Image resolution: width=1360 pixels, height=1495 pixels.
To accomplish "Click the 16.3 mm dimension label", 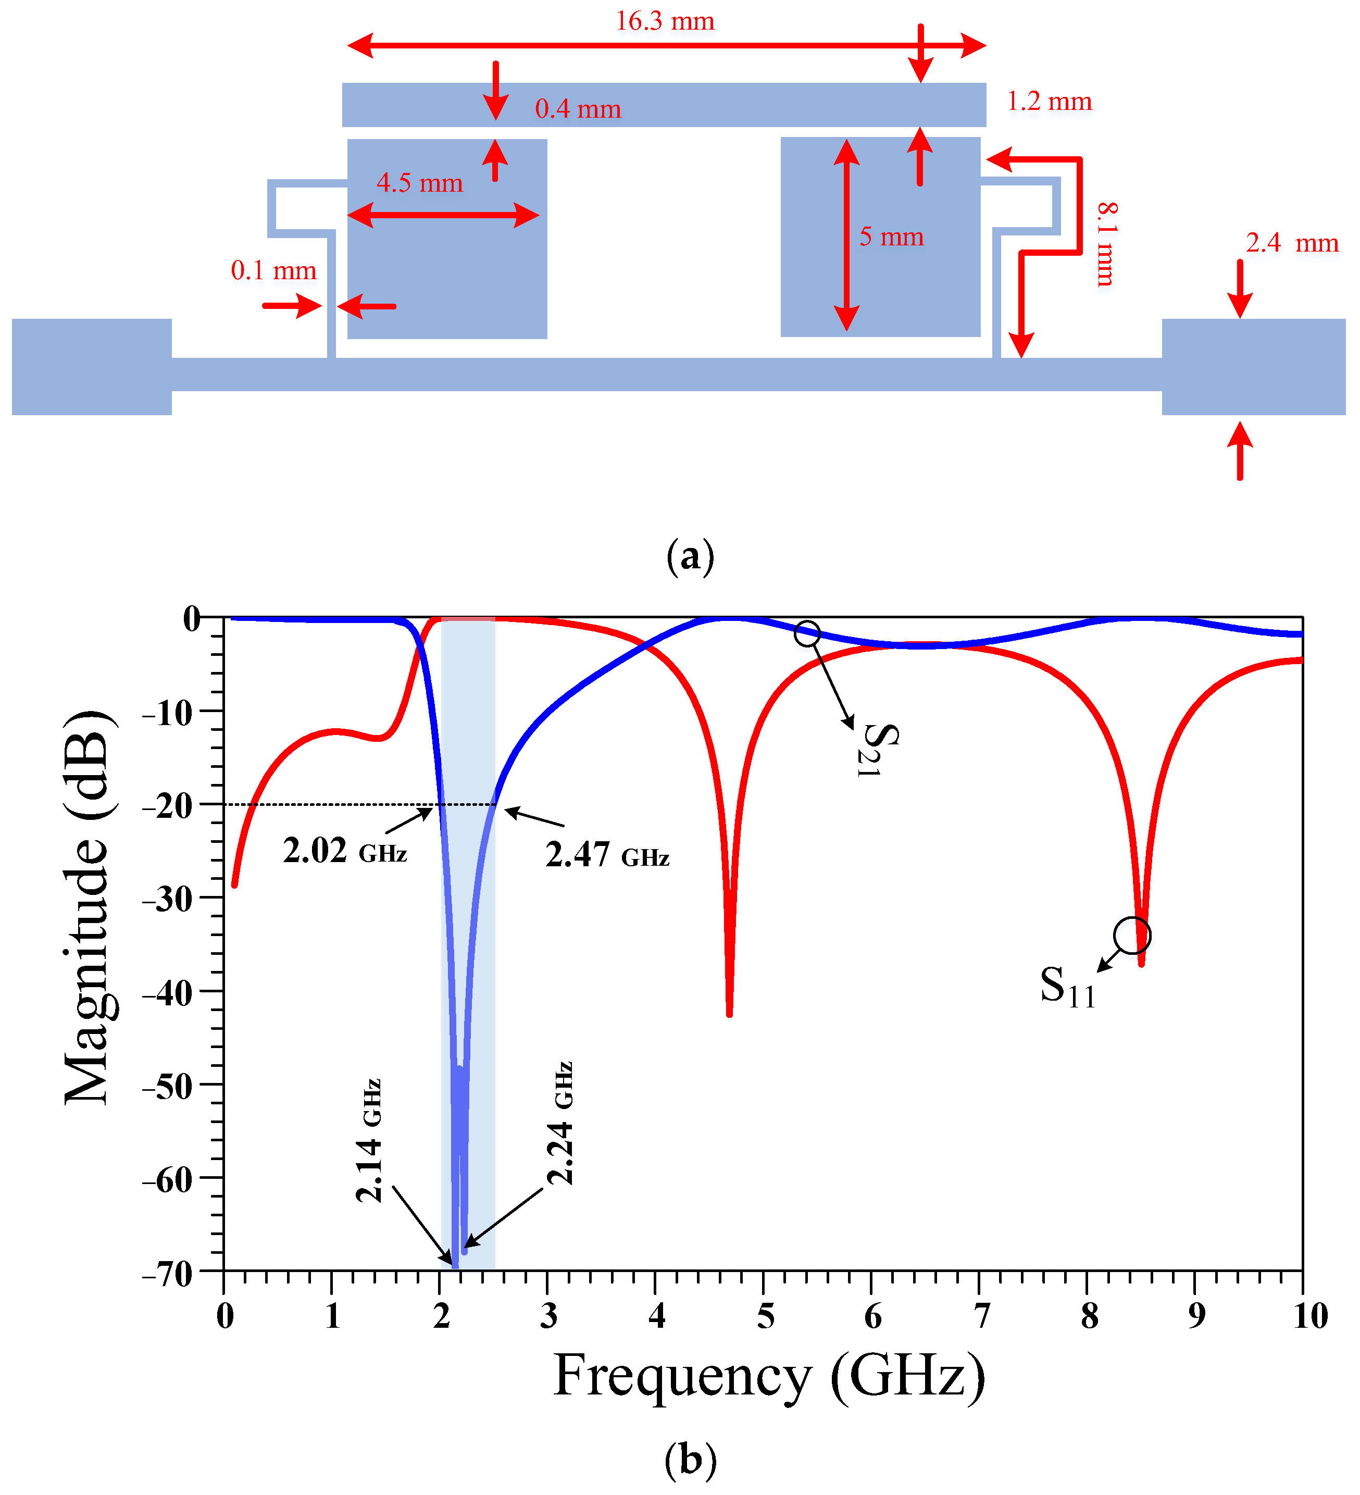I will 665,21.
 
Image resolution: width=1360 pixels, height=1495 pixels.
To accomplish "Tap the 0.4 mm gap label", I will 578,109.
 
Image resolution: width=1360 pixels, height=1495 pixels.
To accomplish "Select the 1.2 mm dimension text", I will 1049,102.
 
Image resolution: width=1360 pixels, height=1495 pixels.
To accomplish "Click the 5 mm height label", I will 891,236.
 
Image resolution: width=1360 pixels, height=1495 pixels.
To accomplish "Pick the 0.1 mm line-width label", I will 273,271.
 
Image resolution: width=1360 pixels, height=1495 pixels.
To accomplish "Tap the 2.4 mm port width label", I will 1291,243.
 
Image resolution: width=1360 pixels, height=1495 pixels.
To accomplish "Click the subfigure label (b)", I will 690,1460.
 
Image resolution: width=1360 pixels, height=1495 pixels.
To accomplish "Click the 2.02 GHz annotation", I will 345,851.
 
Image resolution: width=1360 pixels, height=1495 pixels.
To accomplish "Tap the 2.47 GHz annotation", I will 607,855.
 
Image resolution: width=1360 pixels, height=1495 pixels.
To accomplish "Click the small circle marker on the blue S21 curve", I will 807,633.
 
